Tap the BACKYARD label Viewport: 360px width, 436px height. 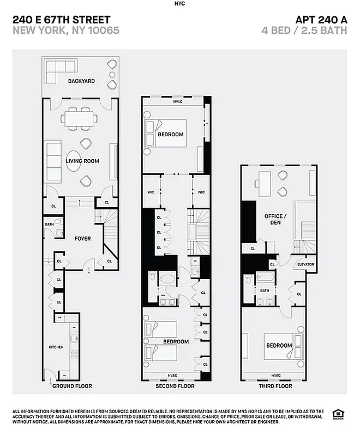[81, 81]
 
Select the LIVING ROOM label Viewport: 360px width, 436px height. [82, 161]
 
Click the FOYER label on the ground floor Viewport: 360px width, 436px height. [82, 239]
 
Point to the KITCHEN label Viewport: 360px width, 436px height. [56, 347]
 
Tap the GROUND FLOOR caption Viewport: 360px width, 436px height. [71, 386]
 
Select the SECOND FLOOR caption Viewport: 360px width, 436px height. [176, 386]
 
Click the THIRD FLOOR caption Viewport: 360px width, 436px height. [275, 386]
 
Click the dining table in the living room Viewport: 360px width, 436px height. [80, 118]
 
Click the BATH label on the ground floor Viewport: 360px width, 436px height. [50, 224]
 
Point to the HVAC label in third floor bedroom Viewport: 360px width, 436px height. [275, 376]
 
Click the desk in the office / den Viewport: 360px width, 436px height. [263, 183]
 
